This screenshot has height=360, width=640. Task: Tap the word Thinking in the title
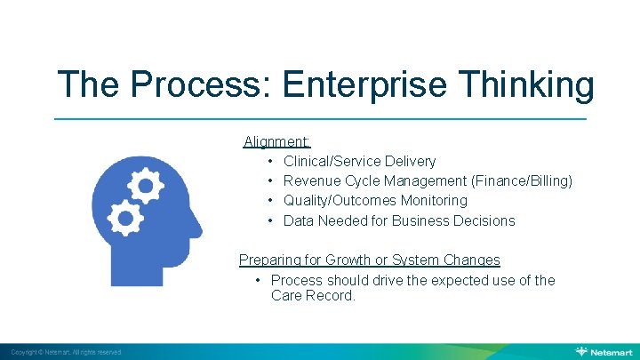530,85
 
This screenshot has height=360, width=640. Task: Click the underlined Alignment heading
277,140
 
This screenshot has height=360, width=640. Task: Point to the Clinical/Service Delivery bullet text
359,161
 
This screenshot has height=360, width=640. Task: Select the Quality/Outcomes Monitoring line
375,201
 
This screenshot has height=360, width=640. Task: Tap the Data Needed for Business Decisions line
399,220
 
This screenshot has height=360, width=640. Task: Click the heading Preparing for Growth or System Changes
370,260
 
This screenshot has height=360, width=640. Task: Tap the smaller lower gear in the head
125,216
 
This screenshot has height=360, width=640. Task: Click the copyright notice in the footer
66,352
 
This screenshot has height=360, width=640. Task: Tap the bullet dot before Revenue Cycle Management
268,181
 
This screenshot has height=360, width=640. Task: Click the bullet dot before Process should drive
256,281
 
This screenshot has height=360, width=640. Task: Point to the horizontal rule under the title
320,118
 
